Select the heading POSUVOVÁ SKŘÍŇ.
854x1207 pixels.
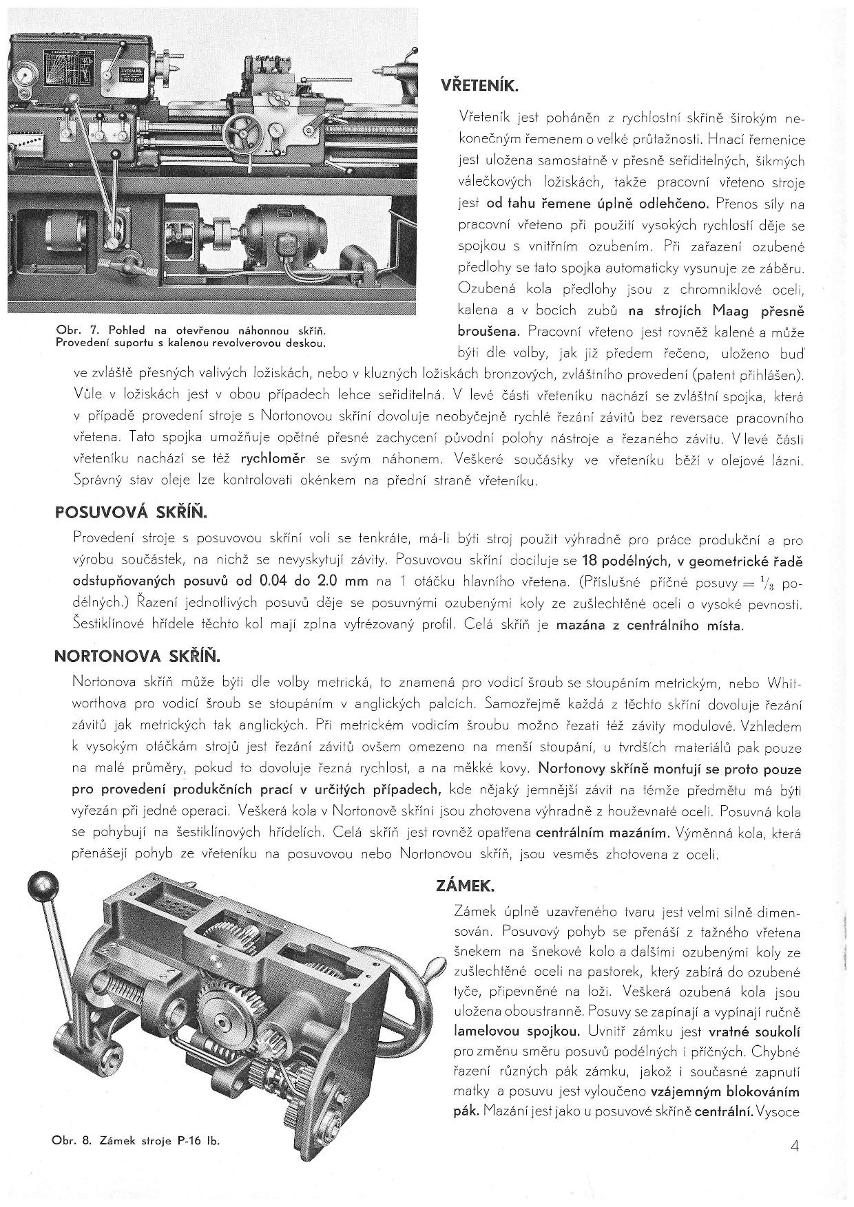tap(130, 513)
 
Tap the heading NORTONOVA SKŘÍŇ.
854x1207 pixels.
tap(136, 656)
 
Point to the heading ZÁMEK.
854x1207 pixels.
tap(466, 885)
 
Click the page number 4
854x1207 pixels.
tap(795, 1146)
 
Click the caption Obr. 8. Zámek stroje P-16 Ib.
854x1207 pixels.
tap(136, 1140)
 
